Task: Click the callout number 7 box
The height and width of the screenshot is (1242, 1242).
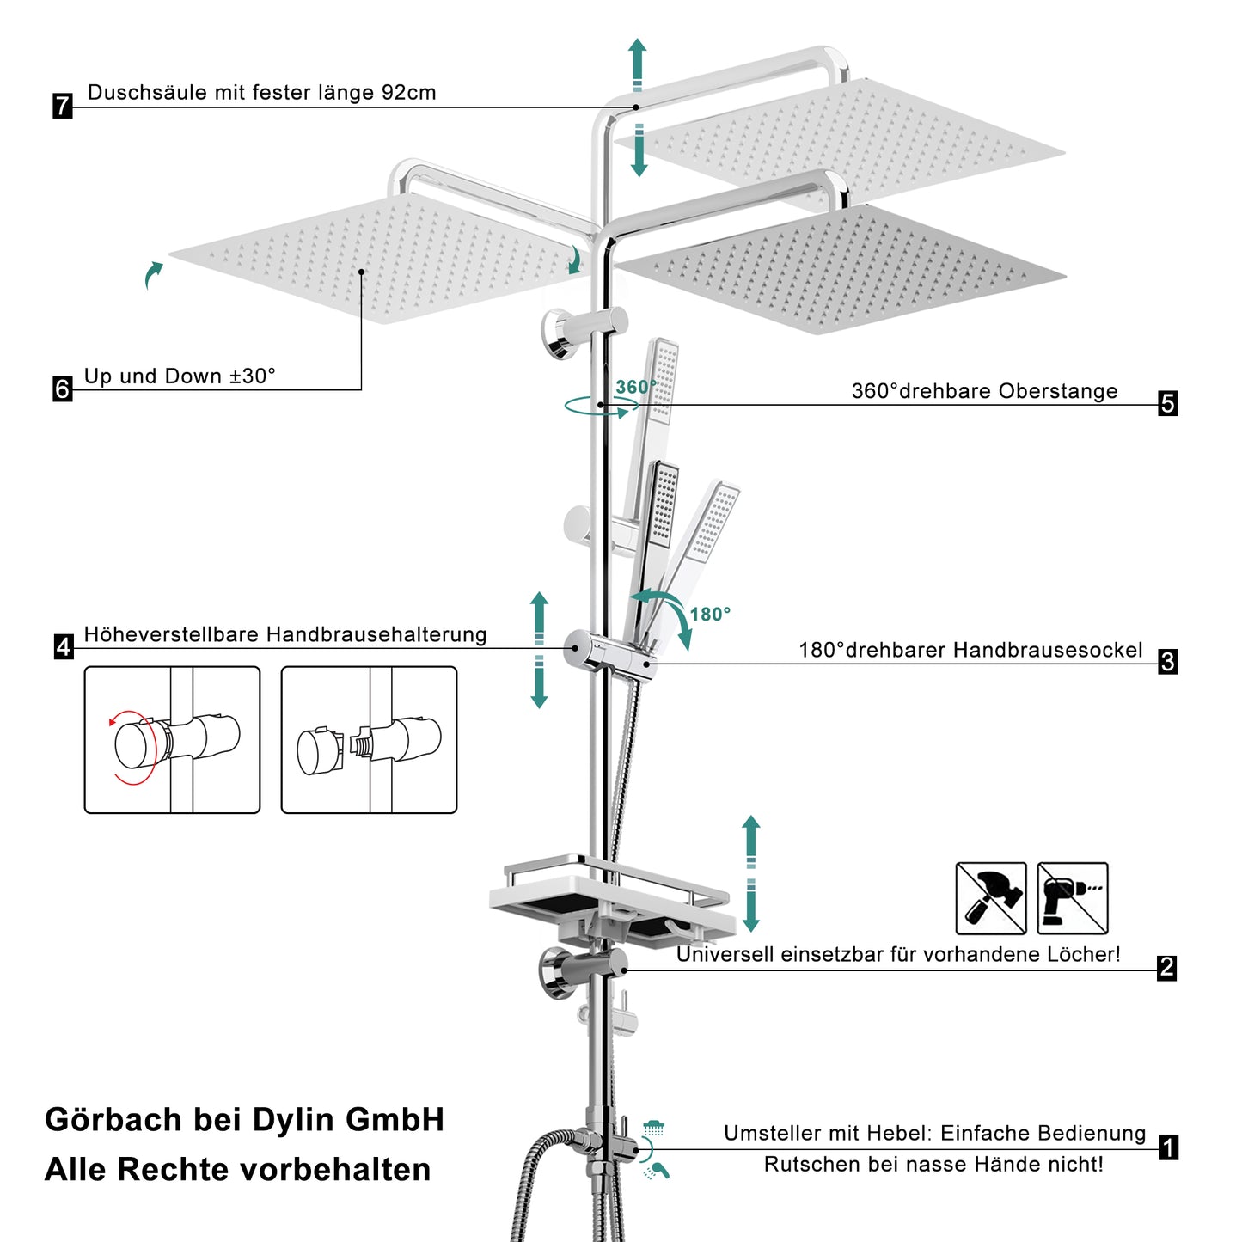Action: click(62, 106)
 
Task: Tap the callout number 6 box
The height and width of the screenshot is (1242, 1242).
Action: click(62, 389)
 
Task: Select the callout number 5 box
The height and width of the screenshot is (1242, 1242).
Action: click(1167, 403)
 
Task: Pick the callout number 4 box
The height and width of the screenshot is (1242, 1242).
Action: click(63, 646)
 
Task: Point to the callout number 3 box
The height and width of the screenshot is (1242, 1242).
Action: click(1167, 662)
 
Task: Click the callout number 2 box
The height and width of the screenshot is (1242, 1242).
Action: click(1166, 968)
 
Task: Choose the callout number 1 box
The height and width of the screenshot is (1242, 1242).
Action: click(1168, 1147)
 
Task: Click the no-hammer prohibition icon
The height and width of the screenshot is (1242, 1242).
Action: click(991, 898)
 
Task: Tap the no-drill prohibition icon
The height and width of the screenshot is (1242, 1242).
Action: click(1073, 898)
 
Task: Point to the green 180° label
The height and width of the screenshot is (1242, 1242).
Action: click(710, 615)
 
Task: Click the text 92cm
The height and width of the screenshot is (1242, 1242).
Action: click(409, 93)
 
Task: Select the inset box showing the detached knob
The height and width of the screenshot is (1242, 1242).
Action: click(369, 740)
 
